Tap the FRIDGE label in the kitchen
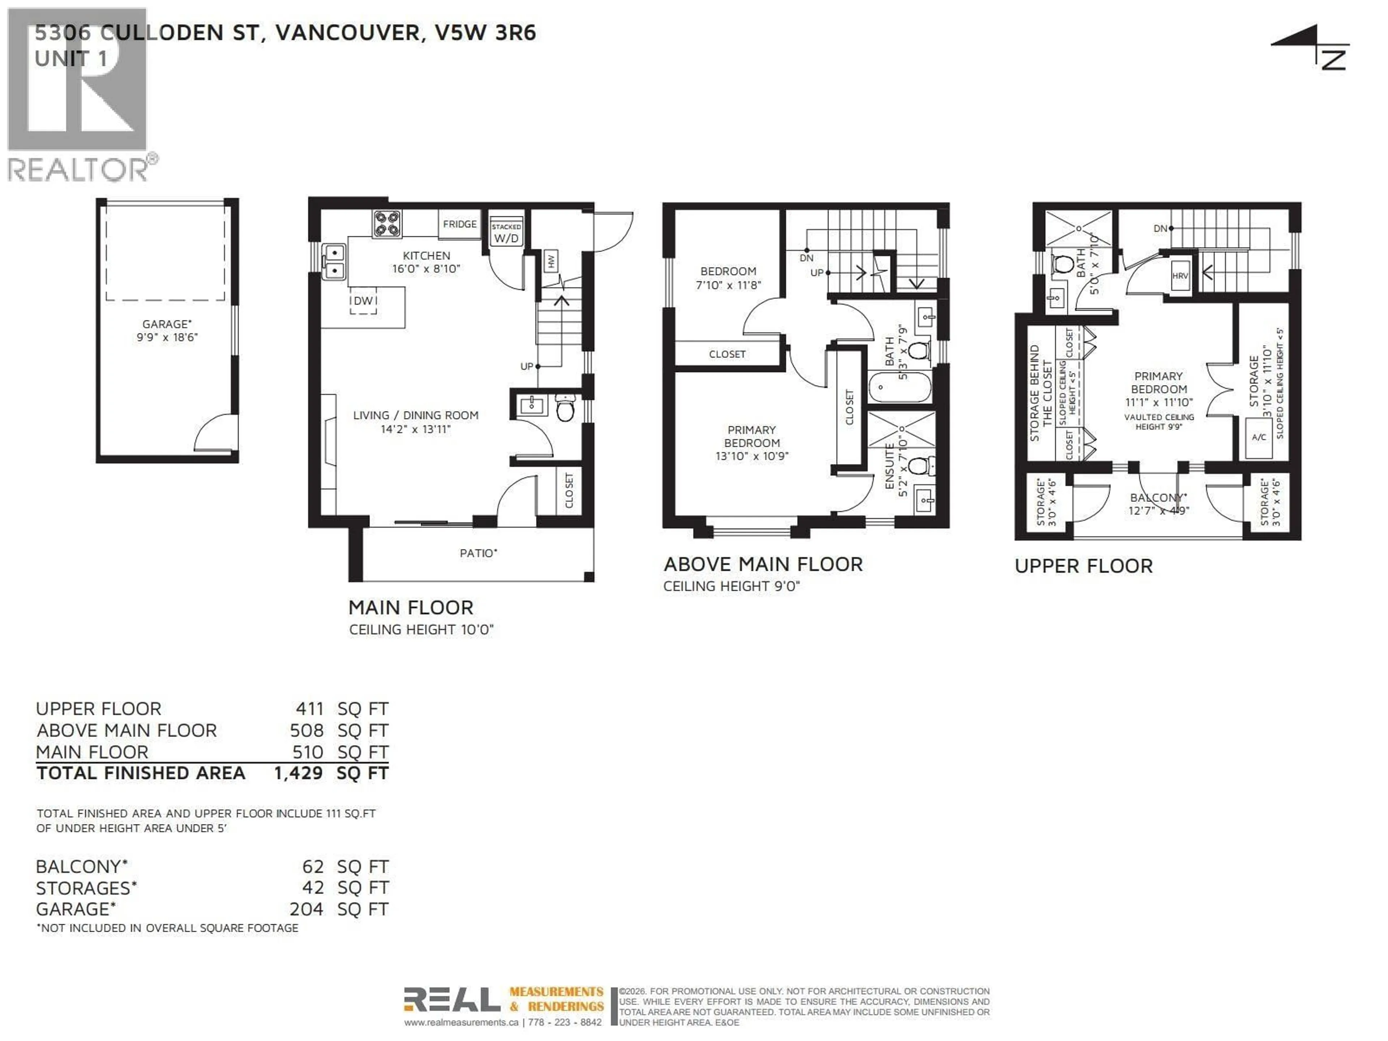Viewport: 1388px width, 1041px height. point(459,224)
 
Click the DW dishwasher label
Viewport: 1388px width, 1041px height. point(363,301)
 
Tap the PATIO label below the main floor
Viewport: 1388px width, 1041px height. point(478,553)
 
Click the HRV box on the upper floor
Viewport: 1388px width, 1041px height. point(1180,275)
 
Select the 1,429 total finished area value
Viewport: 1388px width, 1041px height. point(298,773)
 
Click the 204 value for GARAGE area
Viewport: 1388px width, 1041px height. point(306,909)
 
